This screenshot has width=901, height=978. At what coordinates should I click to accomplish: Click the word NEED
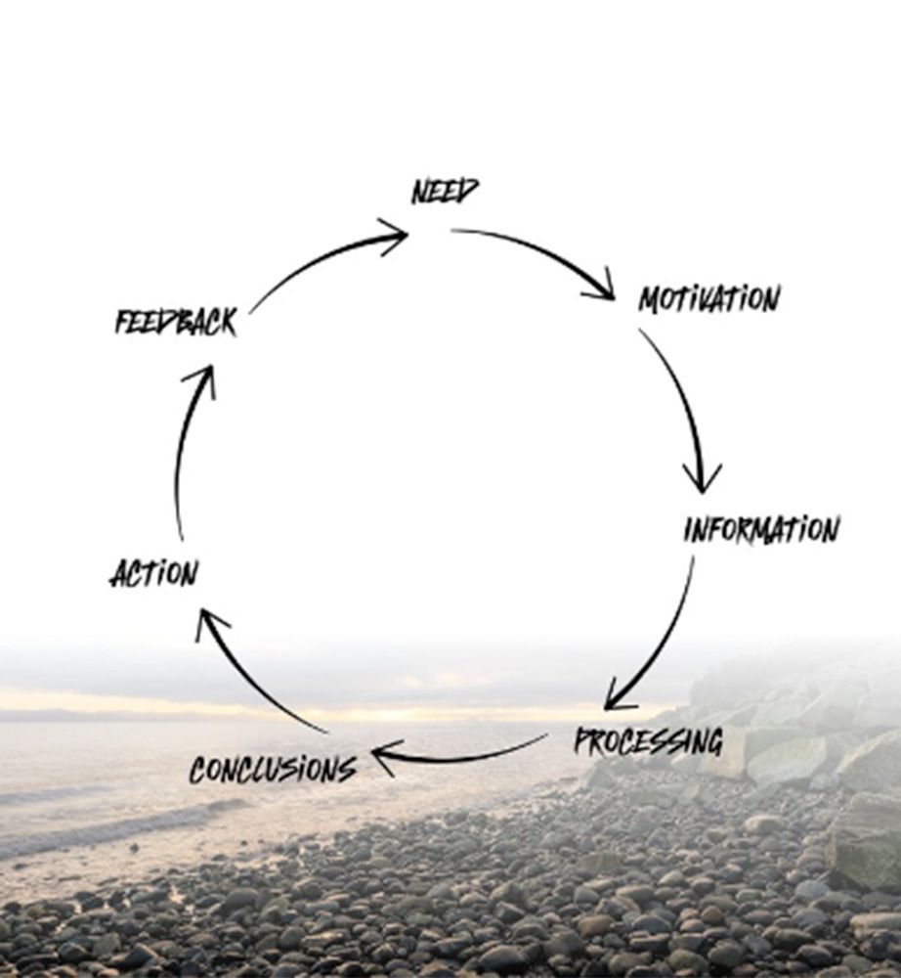pyautogui.click(x=446, y=192)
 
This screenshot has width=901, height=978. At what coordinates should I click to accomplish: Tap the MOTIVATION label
pyautogui.click(x=709, y=299)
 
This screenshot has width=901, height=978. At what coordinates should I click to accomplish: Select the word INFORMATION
pyautogui.click(x=760, y=530)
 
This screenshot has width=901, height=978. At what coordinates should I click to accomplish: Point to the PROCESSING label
pyautogui.click(x=648, y=741)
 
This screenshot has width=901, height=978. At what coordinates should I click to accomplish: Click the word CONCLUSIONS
pyautogui.click(x=273, y=770)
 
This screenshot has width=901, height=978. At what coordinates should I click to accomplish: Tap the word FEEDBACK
pyautogui.click(x=176, y=323)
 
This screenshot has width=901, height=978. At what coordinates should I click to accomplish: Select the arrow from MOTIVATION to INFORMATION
pyautogui.click(x=684, y=401)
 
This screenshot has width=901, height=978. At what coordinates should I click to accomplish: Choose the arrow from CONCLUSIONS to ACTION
pyautogui.click(x=254, y=685)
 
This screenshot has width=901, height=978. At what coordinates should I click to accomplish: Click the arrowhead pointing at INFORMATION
pyautogui.click(x=702, y=479)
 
